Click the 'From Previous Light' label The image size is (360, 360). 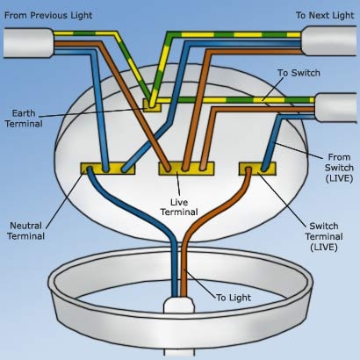tap(49, 15)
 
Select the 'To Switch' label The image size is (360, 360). tap(299, 74)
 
